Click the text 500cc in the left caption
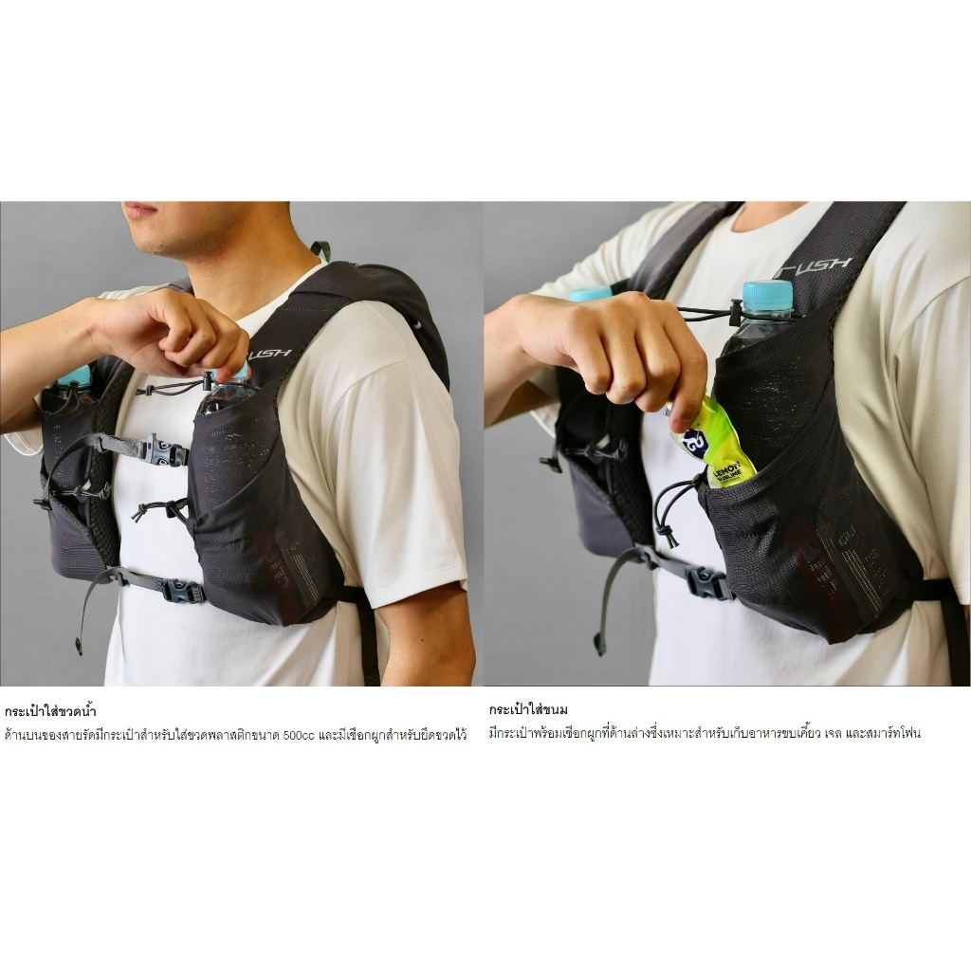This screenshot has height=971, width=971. coord(299,736)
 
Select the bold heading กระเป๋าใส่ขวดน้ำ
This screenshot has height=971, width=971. coord(50,711)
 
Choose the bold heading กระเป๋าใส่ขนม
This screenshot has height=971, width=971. coord(527,709)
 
